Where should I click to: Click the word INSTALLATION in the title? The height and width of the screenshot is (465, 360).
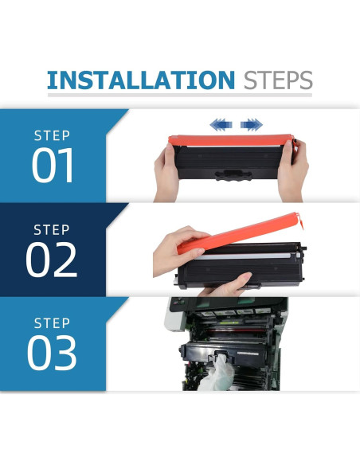tap(141, 80)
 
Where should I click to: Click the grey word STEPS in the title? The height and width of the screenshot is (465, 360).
tap(278, 80)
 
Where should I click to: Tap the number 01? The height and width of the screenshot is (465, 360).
tap(53, 165)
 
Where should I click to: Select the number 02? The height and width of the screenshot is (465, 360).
tap(52, 260)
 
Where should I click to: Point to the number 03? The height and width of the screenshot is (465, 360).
tap(52, 353)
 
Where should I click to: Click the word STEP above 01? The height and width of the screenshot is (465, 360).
tap(53, 135)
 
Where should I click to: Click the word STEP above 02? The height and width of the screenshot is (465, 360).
tap(52, 230)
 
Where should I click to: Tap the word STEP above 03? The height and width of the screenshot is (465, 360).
tap(53, 323)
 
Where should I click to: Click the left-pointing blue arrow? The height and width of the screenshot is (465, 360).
tap(221, 124)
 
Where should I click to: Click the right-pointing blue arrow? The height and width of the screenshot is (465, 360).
tap(252, 124)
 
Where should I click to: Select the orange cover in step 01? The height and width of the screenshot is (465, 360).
tap(231, 140)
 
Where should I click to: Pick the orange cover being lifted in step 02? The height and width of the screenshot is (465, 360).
tap(241, 233)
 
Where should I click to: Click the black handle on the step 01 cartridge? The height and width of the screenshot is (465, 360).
tap(233, 175)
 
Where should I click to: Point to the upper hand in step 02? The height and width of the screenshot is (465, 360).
tap(178, 251)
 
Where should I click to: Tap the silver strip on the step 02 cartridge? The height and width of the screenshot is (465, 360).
tap(245, 256)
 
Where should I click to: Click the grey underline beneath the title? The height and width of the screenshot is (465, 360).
tap(180, 95)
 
